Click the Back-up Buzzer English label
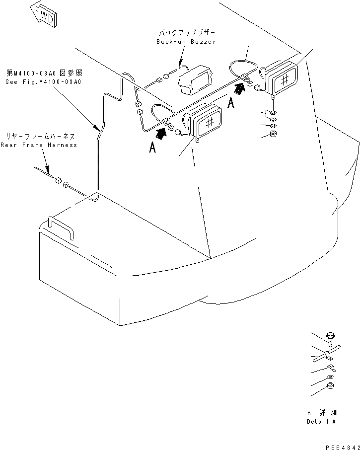pos(186,42)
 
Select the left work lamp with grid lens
pos(205,122)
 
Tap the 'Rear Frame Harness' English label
pos(39,145)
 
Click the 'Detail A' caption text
pos(321,422)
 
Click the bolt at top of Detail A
pos(331,339)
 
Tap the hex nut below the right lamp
pos(273,134)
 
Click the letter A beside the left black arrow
pos(152,148)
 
